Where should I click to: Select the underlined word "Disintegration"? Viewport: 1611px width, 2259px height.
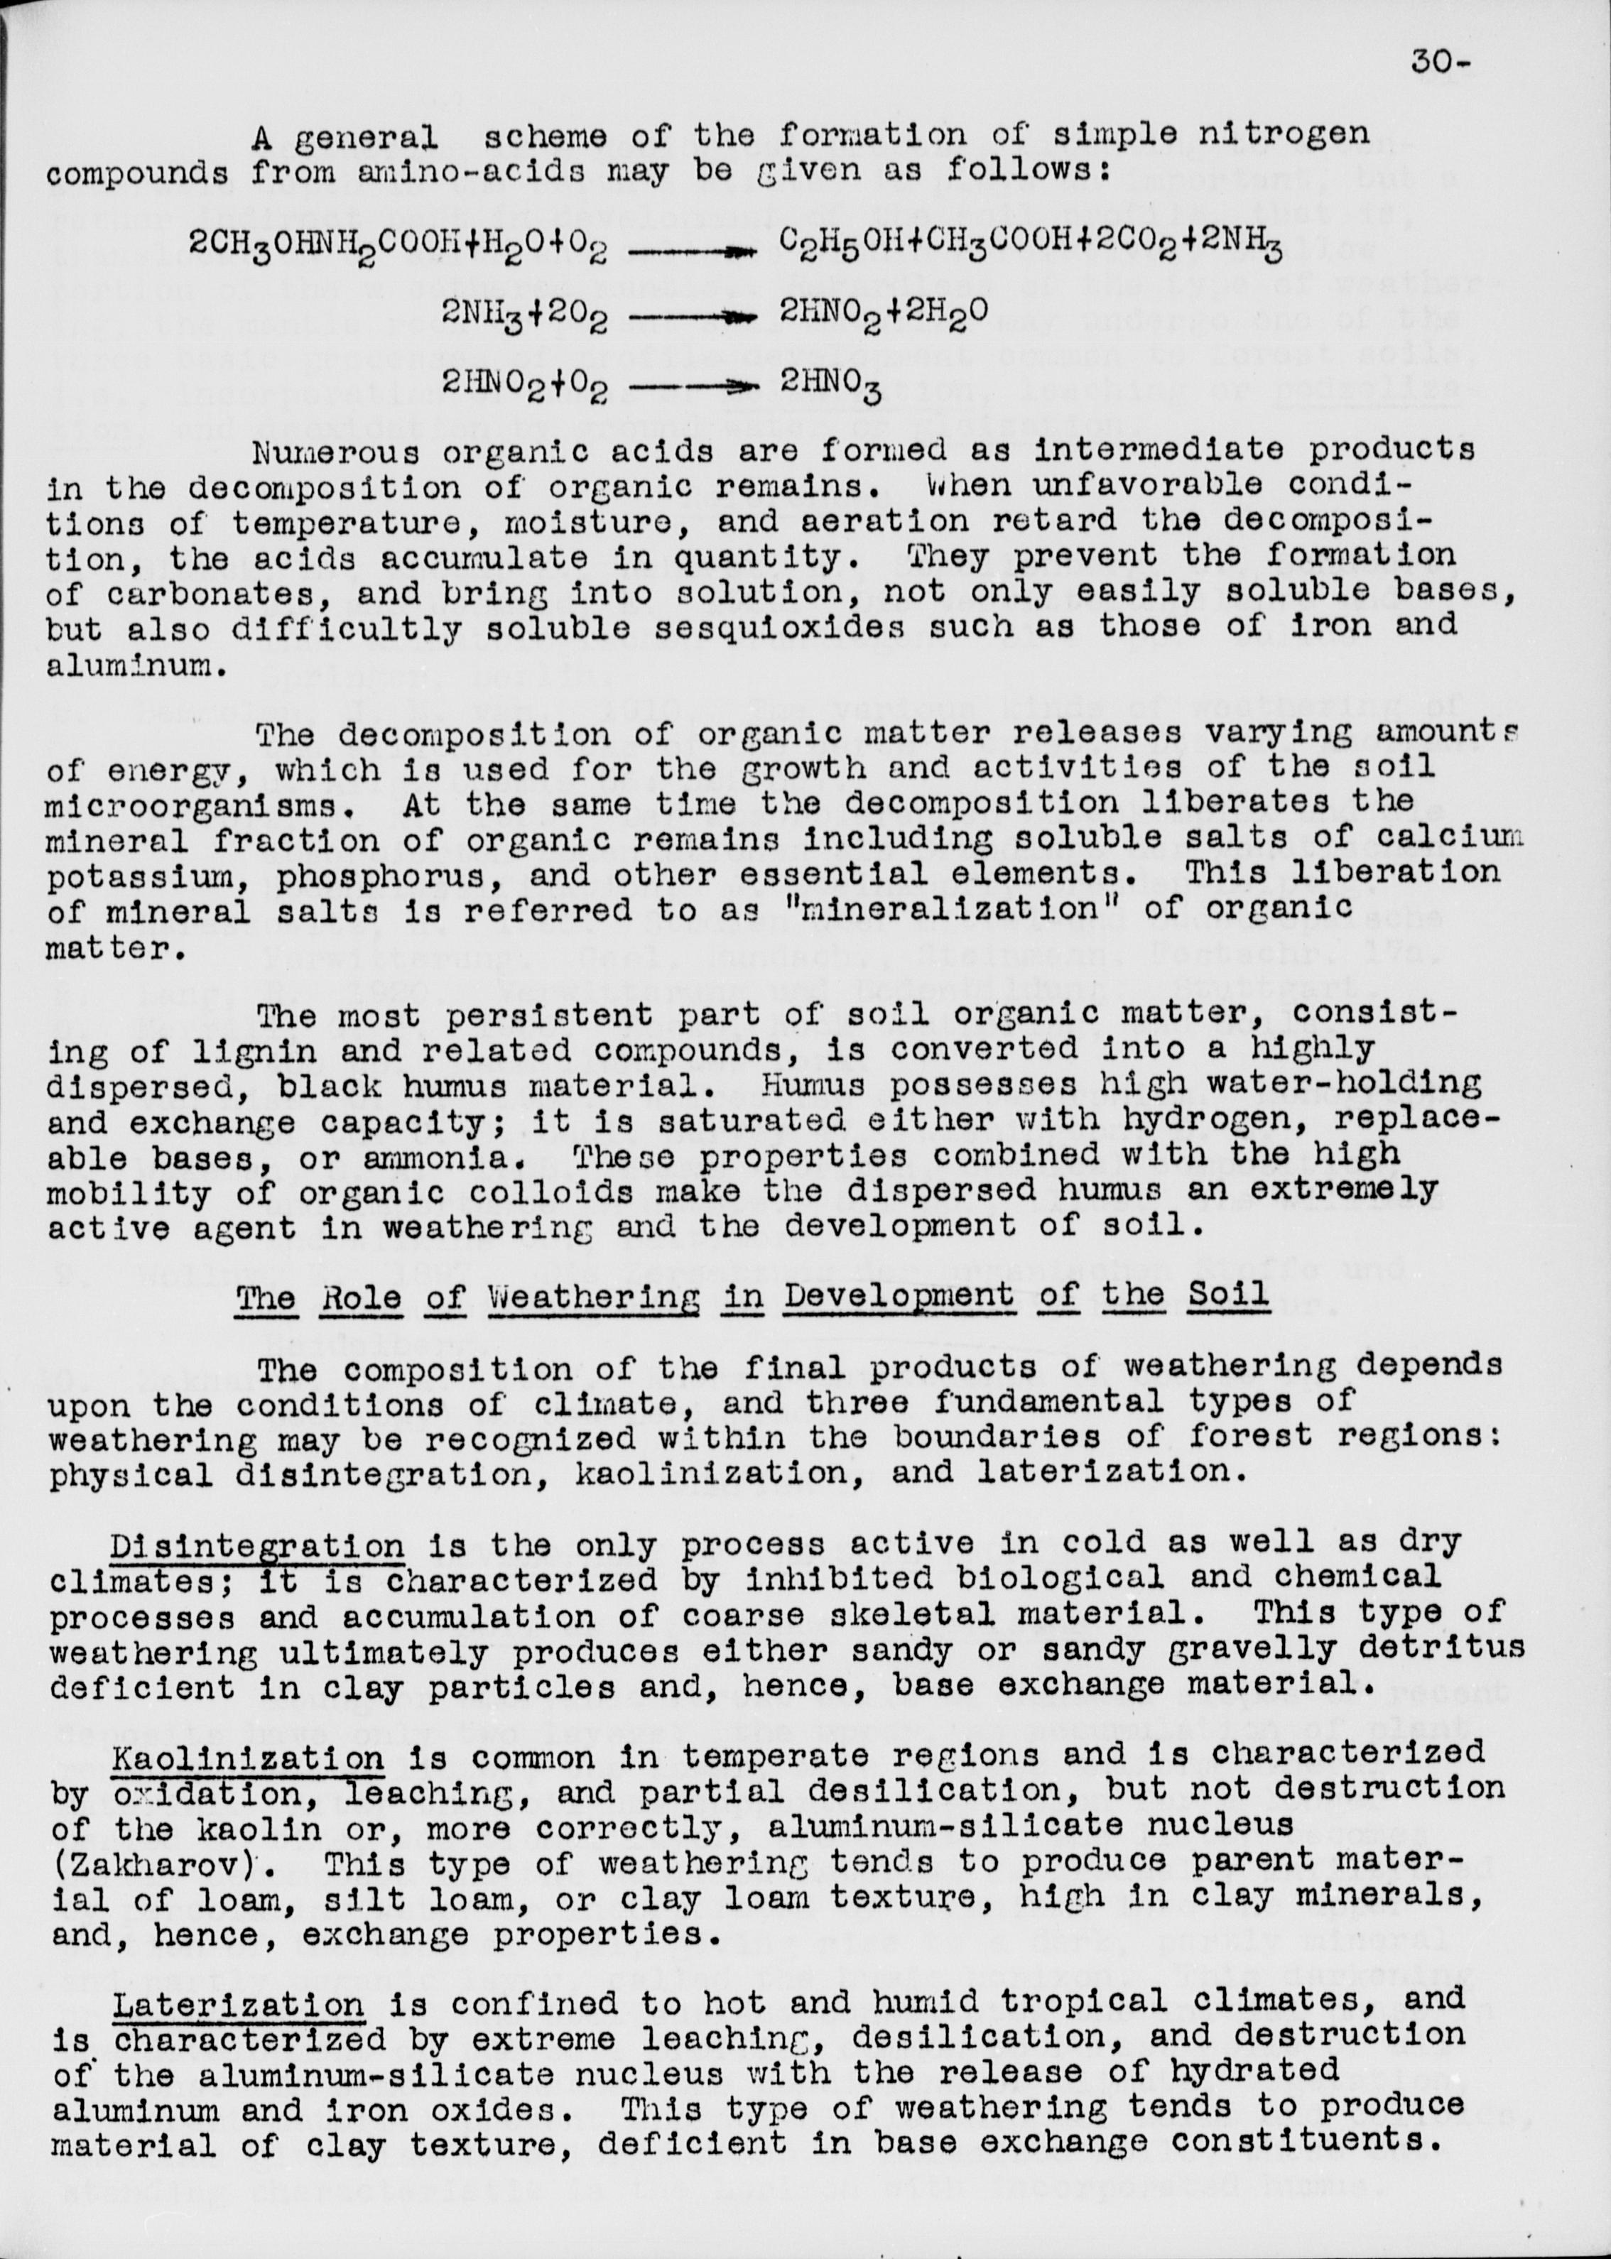tap(256, 1544)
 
